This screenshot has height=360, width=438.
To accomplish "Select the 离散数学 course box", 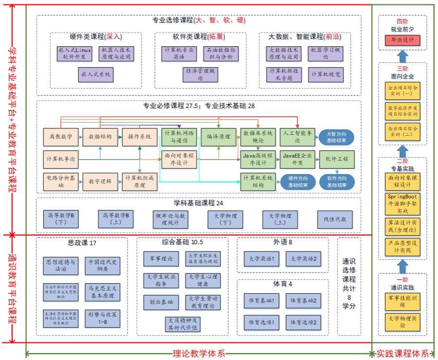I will tap(60, 137).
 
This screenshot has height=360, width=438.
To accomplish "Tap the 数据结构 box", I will tap(100, 137).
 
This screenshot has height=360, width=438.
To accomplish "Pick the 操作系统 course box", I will tap(139, 137).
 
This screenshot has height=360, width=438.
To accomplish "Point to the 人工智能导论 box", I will tap(297, 137).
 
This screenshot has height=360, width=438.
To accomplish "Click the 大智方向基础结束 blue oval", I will tap(336, 137).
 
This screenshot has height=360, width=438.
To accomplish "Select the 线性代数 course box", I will tap(335, 219).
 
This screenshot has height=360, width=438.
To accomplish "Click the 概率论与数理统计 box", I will tap(170, 219).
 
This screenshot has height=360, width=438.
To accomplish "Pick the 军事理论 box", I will tap(161, 259).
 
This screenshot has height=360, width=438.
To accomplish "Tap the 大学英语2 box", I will tap(304, 259).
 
